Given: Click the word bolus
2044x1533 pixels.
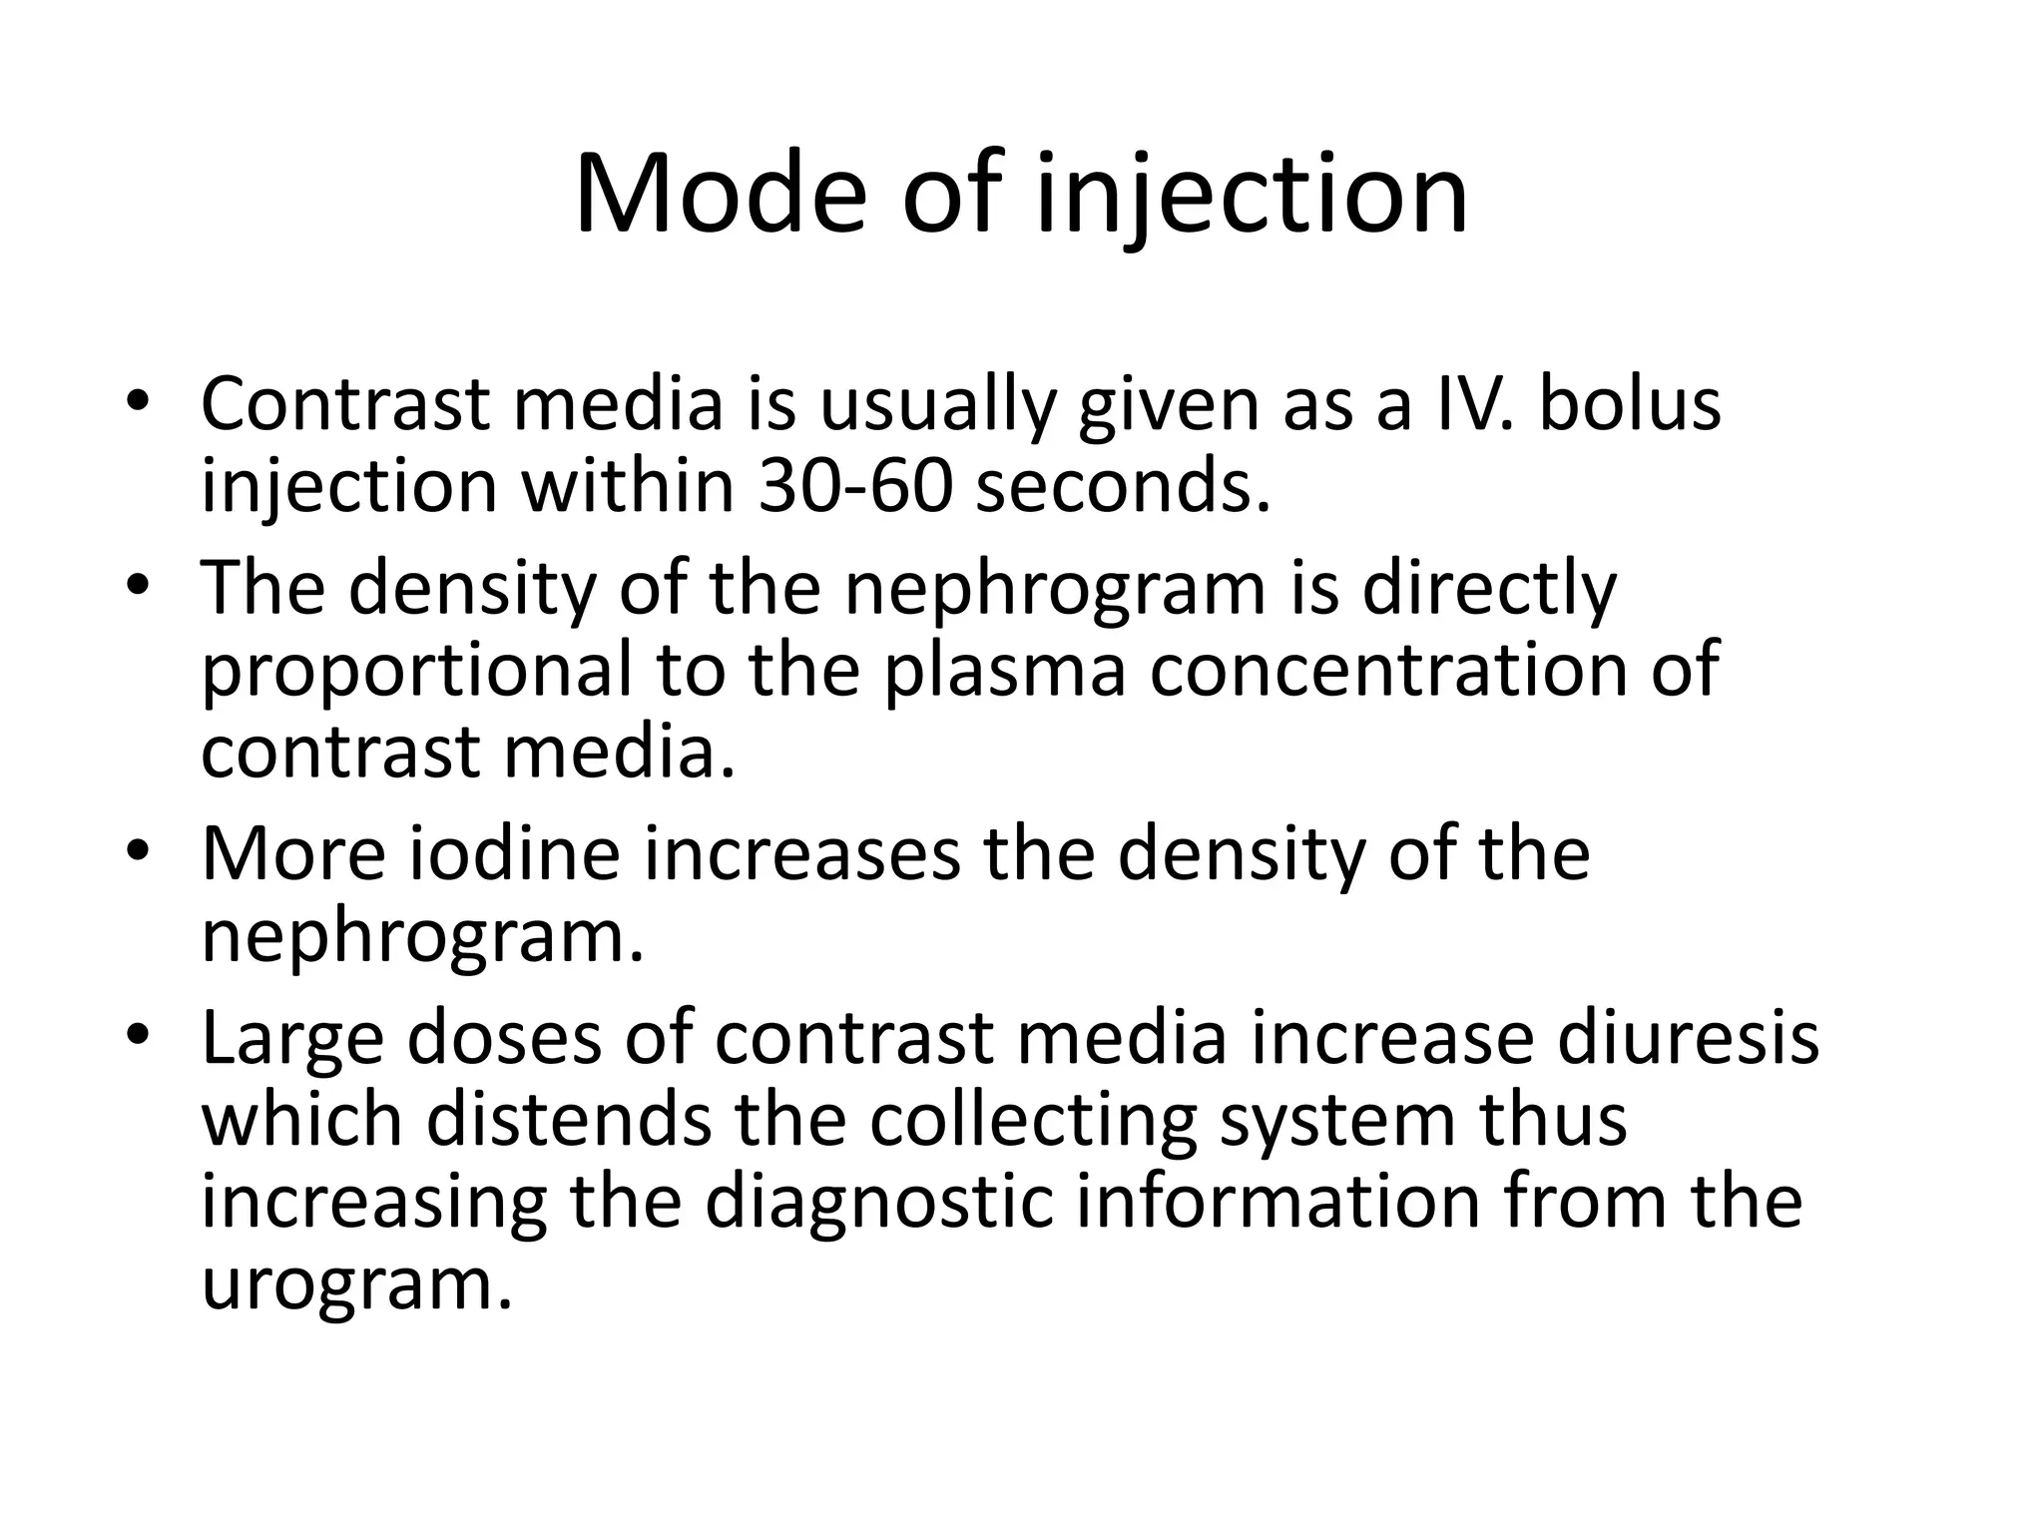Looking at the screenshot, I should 1630,404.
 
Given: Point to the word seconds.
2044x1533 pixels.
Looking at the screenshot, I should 1123,487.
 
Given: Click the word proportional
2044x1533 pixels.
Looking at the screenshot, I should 417,671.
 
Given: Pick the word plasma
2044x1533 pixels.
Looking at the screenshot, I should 1005,671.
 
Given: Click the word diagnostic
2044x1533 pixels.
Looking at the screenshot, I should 879,1204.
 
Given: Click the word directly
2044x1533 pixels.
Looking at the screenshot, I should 1488,589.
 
